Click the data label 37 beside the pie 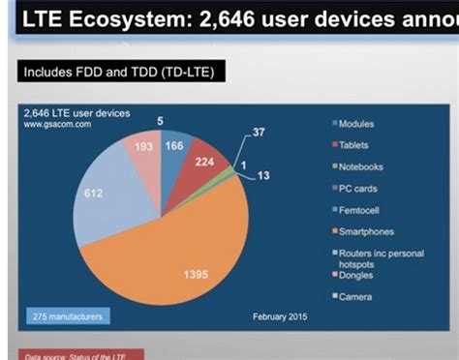pos(259,132)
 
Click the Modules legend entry pos(354,124)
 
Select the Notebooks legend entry pos(357,166)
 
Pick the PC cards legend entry pos(355,188)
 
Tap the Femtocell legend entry pos(356,209)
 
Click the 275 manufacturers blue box pos(65,315)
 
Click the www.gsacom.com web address pos(50,125)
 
